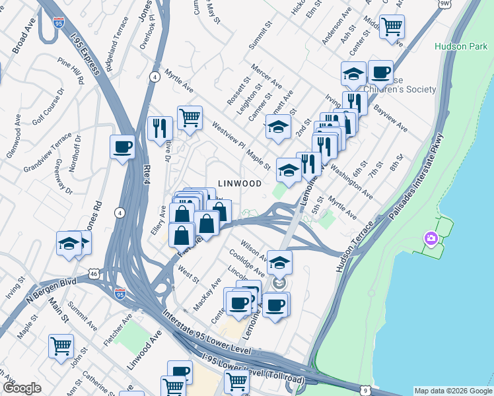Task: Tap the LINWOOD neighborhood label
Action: (x=240, y=183)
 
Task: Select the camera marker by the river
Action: (x=431, y=238)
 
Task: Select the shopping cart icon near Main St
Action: (x=61, y=345)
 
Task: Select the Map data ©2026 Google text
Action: (x=452, y=391)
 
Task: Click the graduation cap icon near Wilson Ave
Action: (x=279, y=262)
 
